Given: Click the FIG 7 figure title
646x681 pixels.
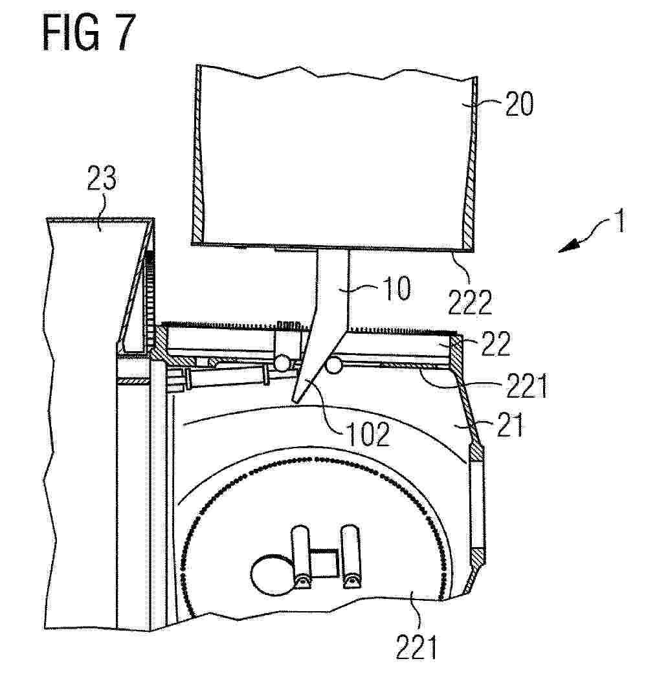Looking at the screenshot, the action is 89,33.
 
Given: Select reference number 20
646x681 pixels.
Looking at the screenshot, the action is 519,104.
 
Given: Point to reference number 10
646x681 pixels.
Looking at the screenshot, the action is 397,288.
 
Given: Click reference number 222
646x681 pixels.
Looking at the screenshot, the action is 469,303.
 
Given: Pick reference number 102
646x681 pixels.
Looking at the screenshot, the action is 368,435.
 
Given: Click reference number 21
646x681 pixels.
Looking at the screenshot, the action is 509,425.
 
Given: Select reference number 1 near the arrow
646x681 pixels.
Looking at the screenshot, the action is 621,221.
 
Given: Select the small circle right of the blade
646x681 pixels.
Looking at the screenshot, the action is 334,365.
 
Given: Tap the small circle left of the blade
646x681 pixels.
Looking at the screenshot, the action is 283,363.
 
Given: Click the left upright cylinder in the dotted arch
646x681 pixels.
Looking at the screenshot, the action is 301,557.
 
